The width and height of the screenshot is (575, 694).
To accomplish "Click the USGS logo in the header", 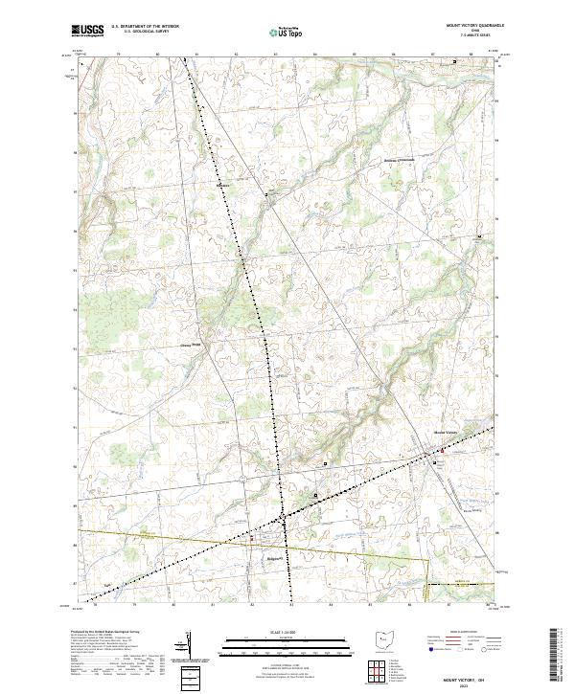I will [87, 31].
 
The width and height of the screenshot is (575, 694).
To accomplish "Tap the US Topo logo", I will [288, 32].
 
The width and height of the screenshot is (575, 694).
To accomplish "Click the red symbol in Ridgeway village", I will [252, 537].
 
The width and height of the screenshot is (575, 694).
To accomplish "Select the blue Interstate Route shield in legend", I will [427, 648].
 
